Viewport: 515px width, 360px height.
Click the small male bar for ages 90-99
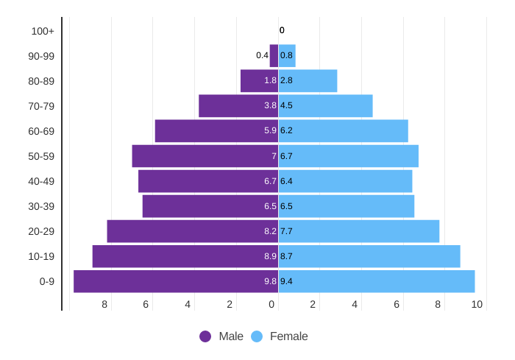[274, 56]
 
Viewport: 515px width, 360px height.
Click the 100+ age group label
[43, 31]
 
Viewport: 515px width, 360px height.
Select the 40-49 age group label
[41, 181]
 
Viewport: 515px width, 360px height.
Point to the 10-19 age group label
[41, 256]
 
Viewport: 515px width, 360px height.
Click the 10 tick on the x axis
[477, 304]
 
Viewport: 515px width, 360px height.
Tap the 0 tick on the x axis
[271, 304]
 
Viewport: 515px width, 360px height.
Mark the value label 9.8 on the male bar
[270, 281]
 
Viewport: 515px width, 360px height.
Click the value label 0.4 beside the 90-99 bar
[262, 55]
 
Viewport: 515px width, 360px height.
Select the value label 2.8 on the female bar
[286, 80]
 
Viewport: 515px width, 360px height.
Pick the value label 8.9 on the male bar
[270, 256]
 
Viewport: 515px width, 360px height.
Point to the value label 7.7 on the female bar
[286, 231]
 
